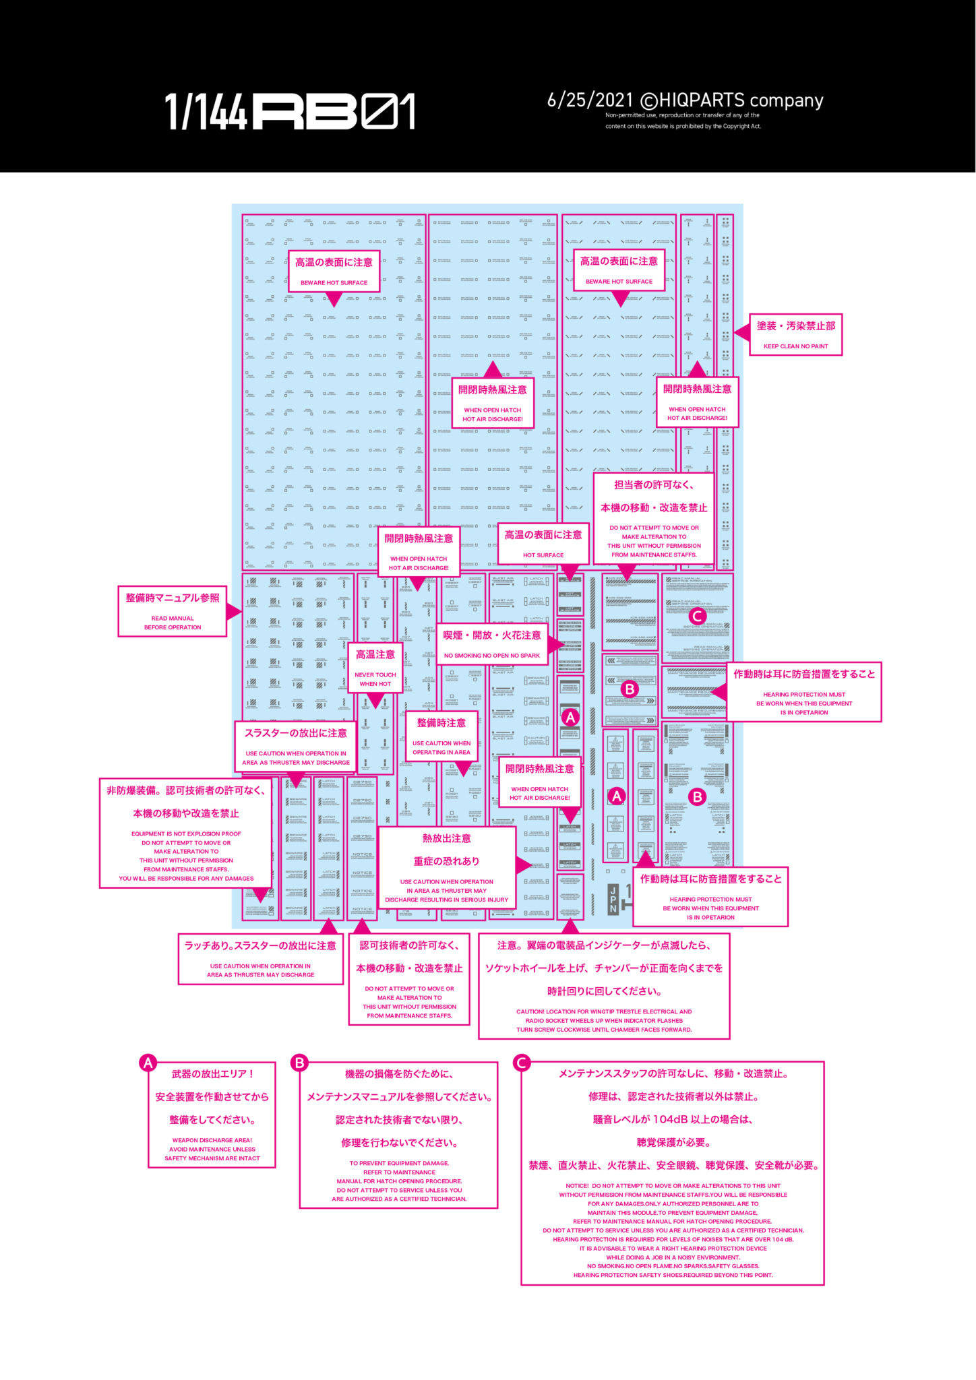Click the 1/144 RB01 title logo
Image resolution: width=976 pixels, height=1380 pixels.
[290, 112]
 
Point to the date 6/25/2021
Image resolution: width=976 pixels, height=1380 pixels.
[590, 100]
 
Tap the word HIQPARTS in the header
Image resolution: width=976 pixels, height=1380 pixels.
[702, 100]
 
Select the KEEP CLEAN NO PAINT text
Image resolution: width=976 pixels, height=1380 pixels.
[795, 346]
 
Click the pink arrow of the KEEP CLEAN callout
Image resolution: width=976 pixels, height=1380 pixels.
[741, 332]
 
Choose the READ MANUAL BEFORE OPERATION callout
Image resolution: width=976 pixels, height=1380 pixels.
[173, 611]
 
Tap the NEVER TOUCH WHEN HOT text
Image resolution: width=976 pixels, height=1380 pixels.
[375, 679]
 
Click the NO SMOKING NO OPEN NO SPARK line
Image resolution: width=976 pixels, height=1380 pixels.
[492, 656]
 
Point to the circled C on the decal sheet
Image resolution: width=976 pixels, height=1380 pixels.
[698, 615]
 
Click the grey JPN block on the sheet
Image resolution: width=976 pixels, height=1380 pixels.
[613, 899]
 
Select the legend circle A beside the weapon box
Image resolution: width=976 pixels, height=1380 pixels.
[148, 1063]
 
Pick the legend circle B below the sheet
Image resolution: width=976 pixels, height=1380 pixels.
[299, 1063]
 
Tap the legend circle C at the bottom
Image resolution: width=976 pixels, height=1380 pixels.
[521, 1063]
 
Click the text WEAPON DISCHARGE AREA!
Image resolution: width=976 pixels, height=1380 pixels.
[212, 1141]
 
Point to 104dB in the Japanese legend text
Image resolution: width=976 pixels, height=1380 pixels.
[669, 1119]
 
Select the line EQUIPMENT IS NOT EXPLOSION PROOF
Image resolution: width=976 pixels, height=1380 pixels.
[186, 834]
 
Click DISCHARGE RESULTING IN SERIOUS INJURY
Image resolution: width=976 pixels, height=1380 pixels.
[446, 900]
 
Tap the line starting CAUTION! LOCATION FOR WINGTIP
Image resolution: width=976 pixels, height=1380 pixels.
[604, 1011]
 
